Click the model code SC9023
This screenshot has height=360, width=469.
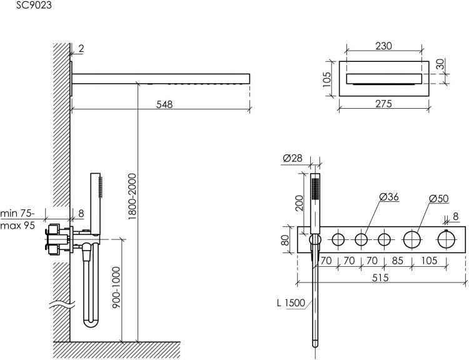(34, 5)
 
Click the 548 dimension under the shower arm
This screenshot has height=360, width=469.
(164, 104)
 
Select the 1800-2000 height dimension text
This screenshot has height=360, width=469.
(132, 196)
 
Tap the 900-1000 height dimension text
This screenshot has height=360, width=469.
(116, 288)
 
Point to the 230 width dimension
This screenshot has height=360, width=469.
(383, 46)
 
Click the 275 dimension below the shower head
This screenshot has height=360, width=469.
(383, 104)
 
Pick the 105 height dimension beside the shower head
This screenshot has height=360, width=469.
(327, 79)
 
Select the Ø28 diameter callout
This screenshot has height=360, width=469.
(292, 158)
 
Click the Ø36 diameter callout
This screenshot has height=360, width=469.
(389, 197)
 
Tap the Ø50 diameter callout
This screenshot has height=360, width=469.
(438, 199)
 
